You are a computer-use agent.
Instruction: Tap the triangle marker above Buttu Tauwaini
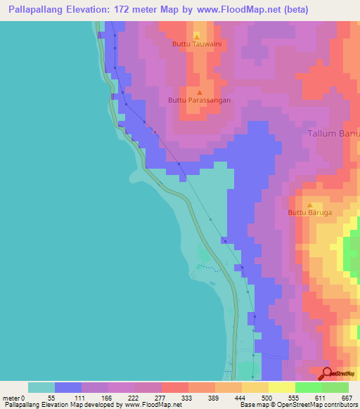(x=197, y=34)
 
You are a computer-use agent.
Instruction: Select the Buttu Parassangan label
(x=200, y=100)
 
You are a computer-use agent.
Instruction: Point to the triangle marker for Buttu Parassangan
(x=200, y=91)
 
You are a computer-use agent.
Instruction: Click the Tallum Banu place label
(x=334, y=134)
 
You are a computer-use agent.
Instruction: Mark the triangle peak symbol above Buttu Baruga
(x=310, y=203)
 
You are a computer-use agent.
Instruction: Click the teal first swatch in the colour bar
(x=41, y=387)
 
